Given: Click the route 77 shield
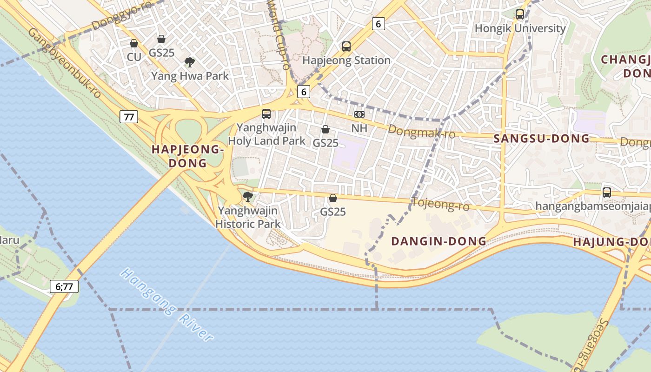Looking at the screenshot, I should click(129, 117).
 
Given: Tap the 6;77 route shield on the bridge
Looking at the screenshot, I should click(64, 286).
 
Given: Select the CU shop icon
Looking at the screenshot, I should click(134, 43).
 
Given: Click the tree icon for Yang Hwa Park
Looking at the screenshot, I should click(189, 62).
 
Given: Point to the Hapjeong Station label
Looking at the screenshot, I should click(346, 60).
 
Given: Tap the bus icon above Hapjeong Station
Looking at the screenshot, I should click(346, 46).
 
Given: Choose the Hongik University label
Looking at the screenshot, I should click(520, 28).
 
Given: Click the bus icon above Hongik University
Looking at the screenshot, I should click(520, 14).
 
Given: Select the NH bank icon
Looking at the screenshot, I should click(359, 114).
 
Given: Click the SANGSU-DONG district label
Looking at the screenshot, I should click(541, 139).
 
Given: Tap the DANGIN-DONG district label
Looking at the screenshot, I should click(438, 241).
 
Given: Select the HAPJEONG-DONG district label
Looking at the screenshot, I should click(188, 156).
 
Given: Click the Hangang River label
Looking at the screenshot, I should click(166, 305).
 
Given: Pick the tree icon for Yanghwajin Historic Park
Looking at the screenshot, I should click(248, 197).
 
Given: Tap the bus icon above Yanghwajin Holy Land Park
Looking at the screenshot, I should click(266, 114).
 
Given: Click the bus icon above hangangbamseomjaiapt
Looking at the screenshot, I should click(606, 192).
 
